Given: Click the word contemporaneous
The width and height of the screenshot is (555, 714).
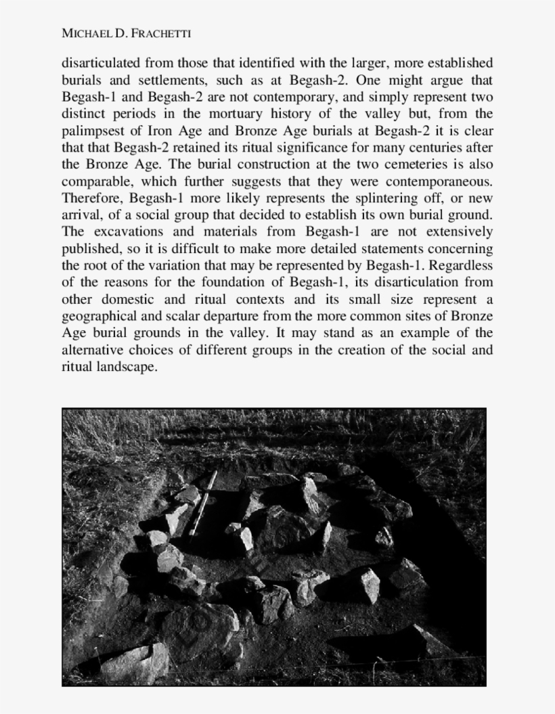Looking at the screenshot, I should (x=439, y=181).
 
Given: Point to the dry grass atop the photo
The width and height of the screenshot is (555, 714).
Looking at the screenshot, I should (x=271, y=433).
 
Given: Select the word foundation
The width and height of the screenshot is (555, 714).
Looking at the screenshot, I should (x=239, y=282).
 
